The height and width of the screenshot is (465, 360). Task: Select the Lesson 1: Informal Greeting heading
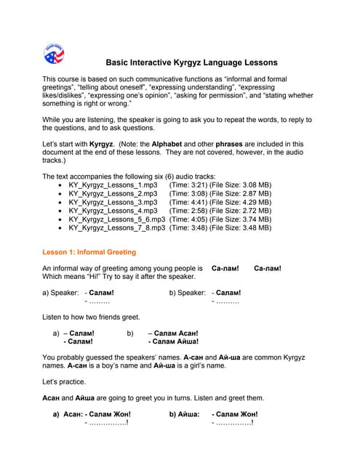pyautogui.click(x=89, y=252)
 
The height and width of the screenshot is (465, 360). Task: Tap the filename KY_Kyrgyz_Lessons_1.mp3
pyautogui.click(x=113, y=185)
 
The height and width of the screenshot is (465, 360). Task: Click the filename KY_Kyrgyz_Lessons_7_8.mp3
pyautogui.click(x=117, y=227)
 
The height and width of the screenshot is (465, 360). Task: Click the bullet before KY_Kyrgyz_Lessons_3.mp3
pyautogui.click(x=60, y=206)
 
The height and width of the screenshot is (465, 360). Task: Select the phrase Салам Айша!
pyautogui.click(x=175, y=341)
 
